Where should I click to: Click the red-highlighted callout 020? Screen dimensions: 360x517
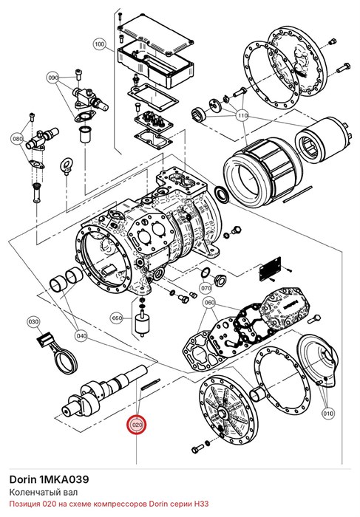[x=137, y=425]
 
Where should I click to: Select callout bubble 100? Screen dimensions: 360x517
[x=99, y=44]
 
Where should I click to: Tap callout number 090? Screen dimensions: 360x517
[x=52, y=78]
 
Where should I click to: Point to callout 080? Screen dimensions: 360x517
[x=17, y=139]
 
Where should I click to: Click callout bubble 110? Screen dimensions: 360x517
[x=242, y=115]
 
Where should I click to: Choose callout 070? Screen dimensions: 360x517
[x=206, y=288]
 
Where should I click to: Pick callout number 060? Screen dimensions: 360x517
[x=209, y=302]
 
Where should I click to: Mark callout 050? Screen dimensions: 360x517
[x=117, y=318]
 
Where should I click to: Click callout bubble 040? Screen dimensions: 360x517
[x=81, y=336]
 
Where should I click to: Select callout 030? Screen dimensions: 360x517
[x=33, y=321]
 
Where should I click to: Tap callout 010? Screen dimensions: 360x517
[x=328, y=413]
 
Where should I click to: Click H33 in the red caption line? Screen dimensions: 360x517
[x=201, y=504]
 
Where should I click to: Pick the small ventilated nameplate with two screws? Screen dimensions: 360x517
[x=271, y=269]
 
